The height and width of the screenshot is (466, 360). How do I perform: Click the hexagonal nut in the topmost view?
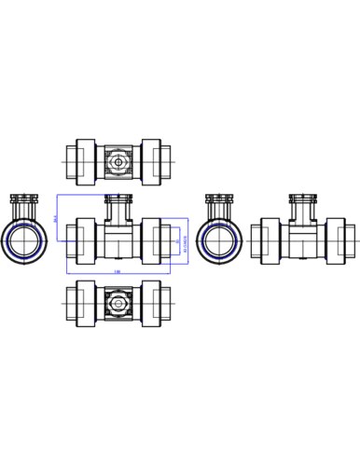[x=118, y=160]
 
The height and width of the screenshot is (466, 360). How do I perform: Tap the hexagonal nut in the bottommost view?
[x=118, y=304]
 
